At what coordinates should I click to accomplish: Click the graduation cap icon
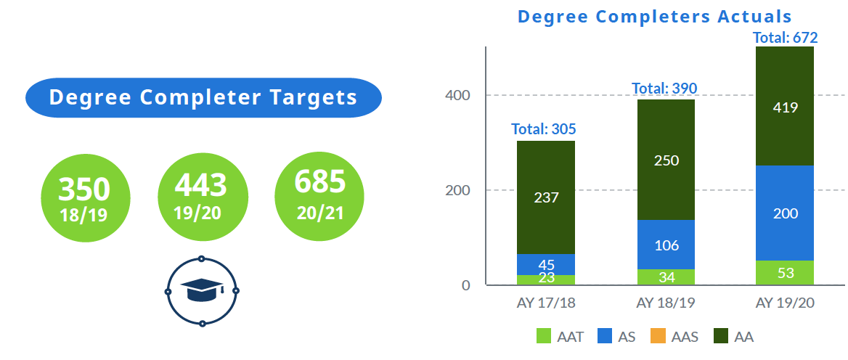pyautogui.click(x=202, y=291)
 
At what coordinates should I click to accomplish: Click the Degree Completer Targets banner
pyautogui.click(x=203, y=97)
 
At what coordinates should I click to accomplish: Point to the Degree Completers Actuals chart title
pyautogui.click(x=654, y=16)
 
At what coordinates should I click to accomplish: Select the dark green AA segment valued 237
pyautogui.click(x=546, y=197)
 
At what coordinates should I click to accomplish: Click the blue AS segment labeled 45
pyautogui.click(x=546, y=264)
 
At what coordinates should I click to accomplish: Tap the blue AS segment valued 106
pyautogui.click(x=666, y=245)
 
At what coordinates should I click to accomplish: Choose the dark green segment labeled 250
pyautogui.click(x=666, y=160)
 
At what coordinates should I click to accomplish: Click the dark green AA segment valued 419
pyautogui.click(x=785, y=107)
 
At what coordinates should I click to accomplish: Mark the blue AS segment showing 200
pyautogui.click(x=785, y=213)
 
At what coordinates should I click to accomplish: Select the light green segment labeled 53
pyautogui.click(x=785, y=273)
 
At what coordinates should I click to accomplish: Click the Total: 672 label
pyautogui.click(x=785, y=38)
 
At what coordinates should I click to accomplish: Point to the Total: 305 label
pyautogui.click(x=544, y=129)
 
